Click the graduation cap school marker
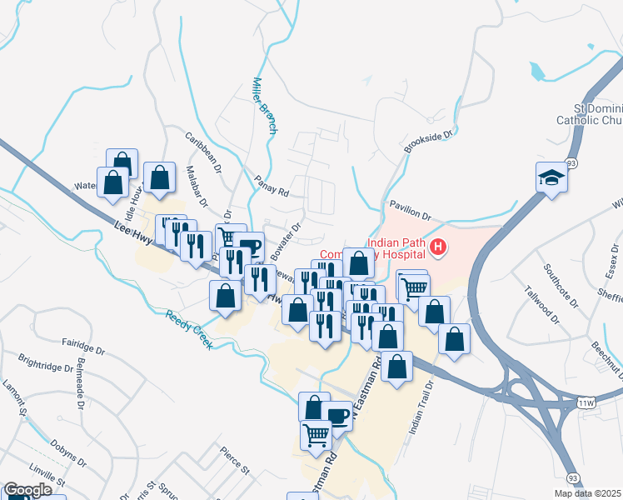pyautogui.click(x=551, y=177)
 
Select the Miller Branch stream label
pyautogui.click(x=264, y=107)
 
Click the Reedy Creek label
pyautogui.click(x=189, y=329)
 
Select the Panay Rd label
pyautogui.click(x=272, y=186)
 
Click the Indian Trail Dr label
pyautogui.click(x=421, y=408)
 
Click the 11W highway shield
pyautogui.click(x=587, y=403)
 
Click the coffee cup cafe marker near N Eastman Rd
pyautogui.click(x=337, y=415)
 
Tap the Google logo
pyautogui.click(x=27, y=491)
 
